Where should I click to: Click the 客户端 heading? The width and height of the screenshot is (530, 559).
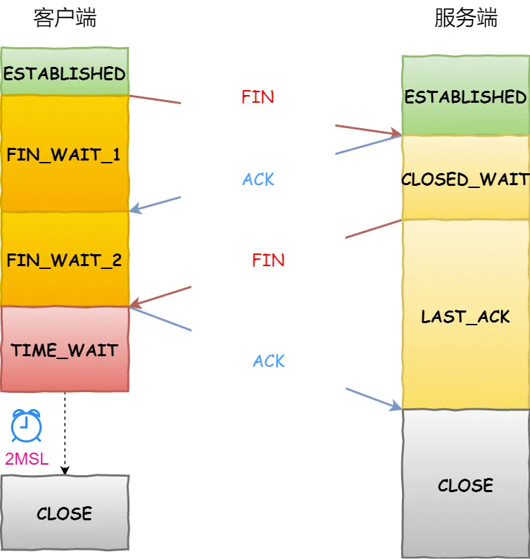point(65,19)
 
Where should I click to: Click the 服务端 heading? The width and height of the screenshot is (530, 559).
point(465,19)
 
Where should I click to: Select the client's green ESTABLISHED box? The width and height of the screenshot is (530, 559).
point(65,73)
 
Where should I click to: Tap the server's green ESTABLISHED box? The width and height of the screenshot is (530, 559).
point(465,96)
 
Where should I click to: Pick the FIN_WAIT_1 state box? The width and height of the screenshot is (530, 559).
point(65,154)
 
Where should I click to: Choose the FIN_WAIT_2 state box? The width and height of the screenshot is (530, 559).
point(65,260)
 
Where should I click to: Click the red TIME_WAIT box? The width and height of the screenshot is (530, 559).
point(65,350)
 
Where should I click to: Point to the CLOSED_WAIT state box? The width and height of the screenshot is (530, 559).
point(465,178)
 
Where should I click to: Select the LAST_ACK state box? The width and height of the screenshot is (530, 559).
point(465,316)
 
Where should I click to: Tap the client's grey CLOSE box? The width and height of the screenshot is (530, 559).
point(65,513)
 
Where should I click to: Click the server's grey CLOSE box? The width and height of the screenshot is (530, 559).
point(465,485)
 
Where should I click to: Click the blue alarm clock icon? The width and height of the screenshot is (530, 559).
point(27,426)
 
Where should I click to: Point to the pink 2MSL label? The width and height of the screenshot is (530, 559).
point(27,460)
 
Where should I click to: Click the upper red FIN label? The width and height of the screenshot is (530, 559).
point(258,97)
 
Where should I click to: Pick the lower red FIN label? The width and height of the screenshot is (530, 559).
point(268,260)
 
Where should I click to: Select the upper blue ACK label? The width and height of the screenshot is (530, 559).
point(258,180)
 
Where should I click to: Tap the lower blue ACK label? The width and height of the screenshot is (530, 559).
point(269,361)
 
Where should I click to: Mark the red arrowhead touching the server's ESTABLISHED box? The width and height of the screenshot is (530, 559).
point(396,132)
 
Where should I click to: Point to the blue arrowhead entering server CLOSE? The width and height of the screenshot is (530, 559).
point(396,406)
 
